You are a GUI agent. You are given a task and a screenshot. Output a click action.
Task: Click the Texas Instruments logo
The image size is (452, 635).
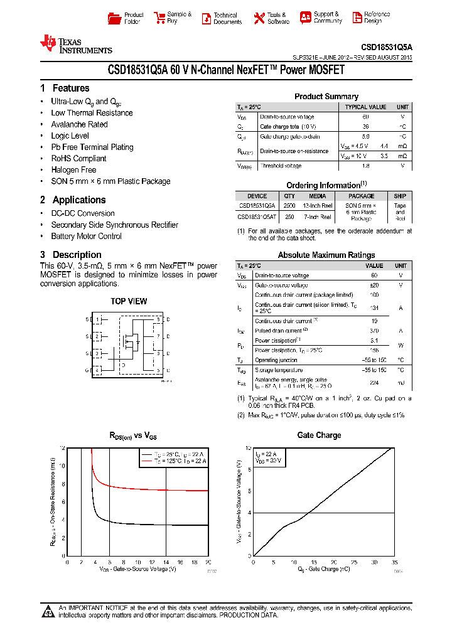point(75,45)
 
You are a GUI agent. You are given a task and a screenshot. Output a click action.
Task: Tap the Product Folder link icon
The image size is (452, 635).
point(114,18)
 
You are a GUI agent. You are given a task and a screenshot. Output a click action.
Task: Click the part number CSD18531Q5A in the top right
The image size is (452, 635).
point(386,47)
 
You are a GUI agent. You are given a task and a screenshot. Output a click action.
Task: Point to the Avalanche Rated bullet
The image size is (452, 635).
point(79,124)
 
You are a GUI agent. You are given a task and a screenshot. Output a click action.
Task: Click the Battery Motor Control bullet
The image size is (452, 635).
point(86,236)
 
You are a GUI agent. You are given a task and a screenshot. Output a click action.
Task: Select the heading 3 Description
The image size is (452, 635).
point(70,255)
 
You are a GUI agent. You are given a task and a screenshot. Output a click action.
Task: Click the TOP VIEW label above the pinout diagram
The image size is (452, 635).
point(129,301)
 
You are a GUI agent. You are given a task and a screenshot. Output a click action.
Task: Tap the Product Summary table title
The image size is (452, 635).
point(326,97)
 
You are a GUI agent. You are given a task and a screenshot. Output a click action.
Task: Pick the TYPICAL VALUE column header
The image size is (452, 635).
point(365,107)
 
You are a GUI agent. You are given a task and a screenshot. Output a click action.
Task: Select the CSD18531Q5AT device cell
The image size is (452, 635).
point(257,216)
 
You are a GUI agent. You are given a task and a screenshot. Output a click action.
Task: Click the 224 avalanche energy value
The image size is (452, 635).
point(374,382)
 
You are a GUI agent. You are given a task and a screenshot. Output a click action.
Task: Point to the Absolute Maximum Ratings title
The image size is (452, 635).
point(326,255)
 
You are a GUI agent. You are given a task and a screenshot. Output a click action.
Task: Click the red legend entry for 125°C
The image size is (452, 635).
point(174,461)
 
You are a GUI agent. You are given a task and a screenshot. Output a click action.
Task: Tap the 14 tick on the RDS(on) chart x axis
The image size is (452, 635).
point(166,562)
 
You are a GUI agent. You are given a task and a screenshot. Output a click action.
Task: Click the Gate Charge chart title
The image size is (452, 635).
point(319,435)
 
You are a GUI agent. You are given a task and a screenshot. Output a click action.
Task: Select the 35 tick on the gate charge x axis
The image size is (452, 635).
point(394,562)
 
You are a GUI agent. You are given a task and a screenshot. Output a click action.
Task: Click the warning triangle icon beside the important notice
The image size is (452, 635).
point(48,611)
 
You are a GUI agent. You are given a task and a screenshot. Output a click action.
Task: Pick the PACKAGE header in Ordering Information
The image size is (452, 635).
point(361,196)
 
